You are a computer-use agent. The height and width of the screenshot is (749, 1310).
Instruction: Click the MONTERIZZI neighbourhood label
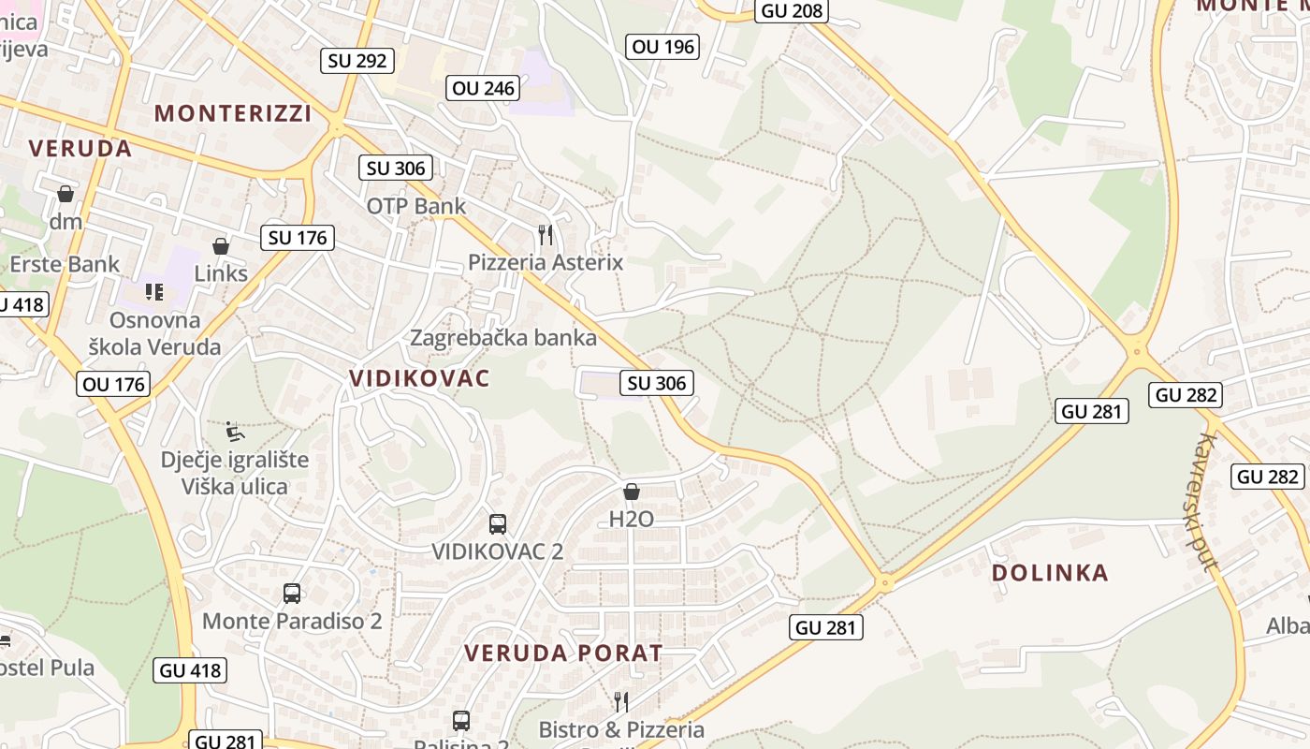point(233,113)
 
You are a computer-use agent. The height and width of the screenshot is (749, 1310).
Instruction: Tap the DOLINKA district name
point(1049,573)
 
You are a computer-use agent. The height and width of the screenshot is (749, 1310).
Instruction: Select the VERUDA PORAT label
point(563,653)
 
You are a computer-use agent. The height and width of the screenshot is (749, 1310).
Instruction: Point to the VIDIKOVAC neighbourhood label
point(419,378)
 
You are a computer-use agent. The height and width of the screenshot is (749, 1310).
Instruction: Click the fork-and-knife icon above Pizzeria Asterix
point(546,234)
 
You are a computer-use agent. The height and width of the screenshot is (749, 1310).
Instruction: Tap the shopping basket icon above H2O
point(632,492)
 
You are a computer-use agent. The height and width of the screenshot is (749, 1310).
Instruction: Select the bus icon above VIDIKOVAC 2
point(498,524)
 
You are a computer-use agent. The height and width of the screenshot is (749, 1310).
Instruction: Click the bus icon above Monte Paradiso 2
point(292,594)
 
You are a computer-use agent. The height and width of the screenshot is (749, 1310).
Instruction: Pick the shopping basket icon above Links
point(221,246)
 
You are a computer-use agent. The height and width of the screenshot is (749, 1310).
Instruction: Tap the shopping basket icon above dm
point(65,194)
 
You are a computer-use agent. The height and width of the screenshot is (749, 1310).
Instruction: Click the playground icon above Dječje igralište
point(235,432)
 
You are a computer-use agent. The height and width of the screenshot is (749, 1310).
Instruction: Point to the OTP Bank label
point(415,206)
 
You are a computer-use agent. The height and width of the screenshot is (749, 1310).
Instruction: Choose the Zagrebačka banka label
point(503,338)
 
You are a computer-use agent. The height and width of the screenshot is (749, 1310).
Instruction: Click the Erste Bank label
point(65,264)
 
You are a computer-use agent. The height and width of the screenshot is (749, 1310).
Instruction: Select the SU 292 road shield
point(357,61)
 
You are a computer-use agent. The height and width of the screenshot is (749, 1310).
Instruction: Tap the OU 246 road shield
point(483,88)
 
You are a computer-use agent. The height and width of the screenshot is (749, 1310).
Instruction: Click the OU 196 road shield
point(662,46)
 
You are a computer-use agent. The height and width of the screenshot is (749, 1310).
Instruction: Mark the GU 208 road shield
point(792,10)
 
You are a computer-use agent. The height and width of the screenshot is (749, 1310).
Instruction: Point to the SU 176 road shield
point(298,238)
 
